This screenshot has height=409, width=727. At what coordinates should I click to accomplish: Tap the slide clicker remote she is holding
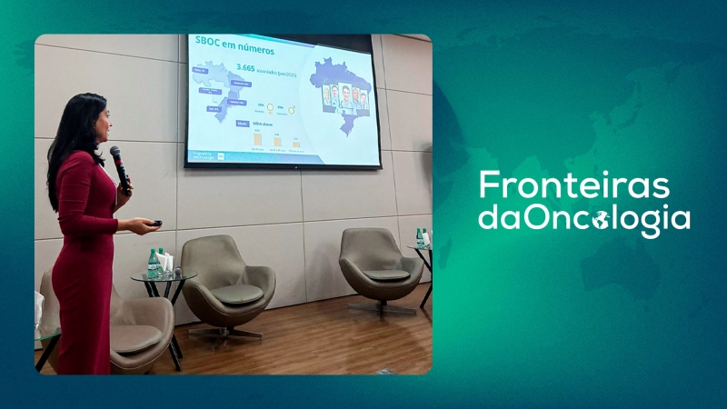[x=155, y=223]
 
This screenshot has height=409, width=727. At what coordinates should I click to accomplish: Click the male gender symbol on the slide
[x=292, y=109]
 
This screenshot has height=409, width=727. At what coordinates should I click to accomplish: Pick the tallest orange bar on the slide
[x=257, y=141]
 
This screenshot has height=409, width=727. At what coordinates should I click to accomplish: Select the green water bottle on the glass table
[x=152, y=263]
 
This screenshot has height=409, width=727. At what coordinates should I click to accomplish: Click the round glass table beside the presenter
[x=163, y=275]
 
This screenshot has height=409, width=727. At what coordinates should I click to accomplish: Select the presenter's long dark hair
[x=71, y=136]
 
